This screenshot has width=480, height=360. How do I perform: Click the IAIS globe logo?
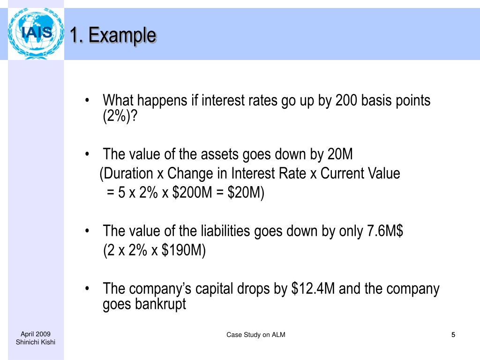pyautogui.click(x=36, y=34)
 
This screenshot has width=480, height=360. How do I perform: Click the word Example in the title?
pyautogui.click(x=122, y=36)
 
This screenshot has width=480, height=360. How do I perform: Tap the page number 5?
pyautogui.click(x=453, y=335)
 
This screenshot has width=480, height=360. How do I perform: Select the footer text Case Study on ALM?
pyautogui.click(x=256, y=335)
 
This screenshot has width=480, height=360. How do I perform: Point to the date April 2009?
pyautogui.click(x=36, y=334)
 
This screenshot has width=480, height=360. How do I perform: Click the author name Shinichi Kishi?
pyautogui.click(x=36, y=342)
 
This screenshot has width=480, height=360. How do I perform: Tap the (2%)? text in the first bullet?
pyautogui.click(x=120, y=116)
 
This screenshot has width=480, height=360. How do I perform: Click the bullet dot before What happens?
pyautogui.click(x=87, y=100)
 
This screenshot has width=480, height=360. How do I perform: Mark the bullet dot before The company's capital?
pyautogui.click(x=87, y=288)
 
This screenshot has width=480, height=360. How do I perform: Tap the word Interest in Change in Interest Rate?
pyautogui.click(x=253, y=173)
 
